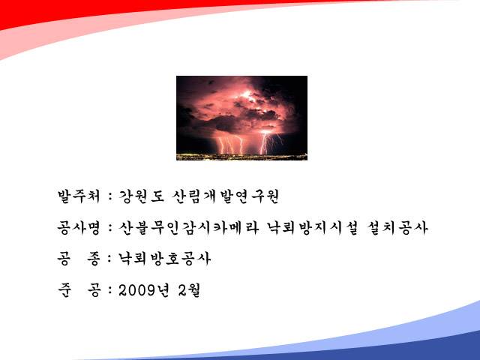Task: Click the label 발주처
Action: coord(79,196)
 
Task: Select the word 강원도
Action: coord(142,196)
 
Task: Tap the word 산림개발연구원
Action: coord(225,196)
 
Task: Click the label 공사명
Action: coord(79,228)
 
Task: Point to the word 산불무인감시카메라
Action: coord(189,228)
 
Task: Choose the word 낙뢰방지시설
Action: coord(312,228)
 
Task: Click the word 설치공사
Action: coord(397,228)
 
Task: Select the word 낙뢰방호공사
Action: coord(165,259)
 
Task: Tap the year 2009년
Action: coord(143,290)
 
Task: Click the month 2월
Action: coord(189,290)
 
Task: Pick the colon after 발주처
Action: coord(110,197)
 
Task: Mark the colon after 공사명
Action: coord(110,229)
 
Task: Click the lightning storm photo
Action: coord(241,118)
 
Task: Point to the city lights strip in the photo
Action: coord(241,157)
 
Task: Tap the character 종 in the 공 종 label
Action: coord(94,259)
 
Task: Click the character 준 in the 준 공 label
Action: coord(64,290)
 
